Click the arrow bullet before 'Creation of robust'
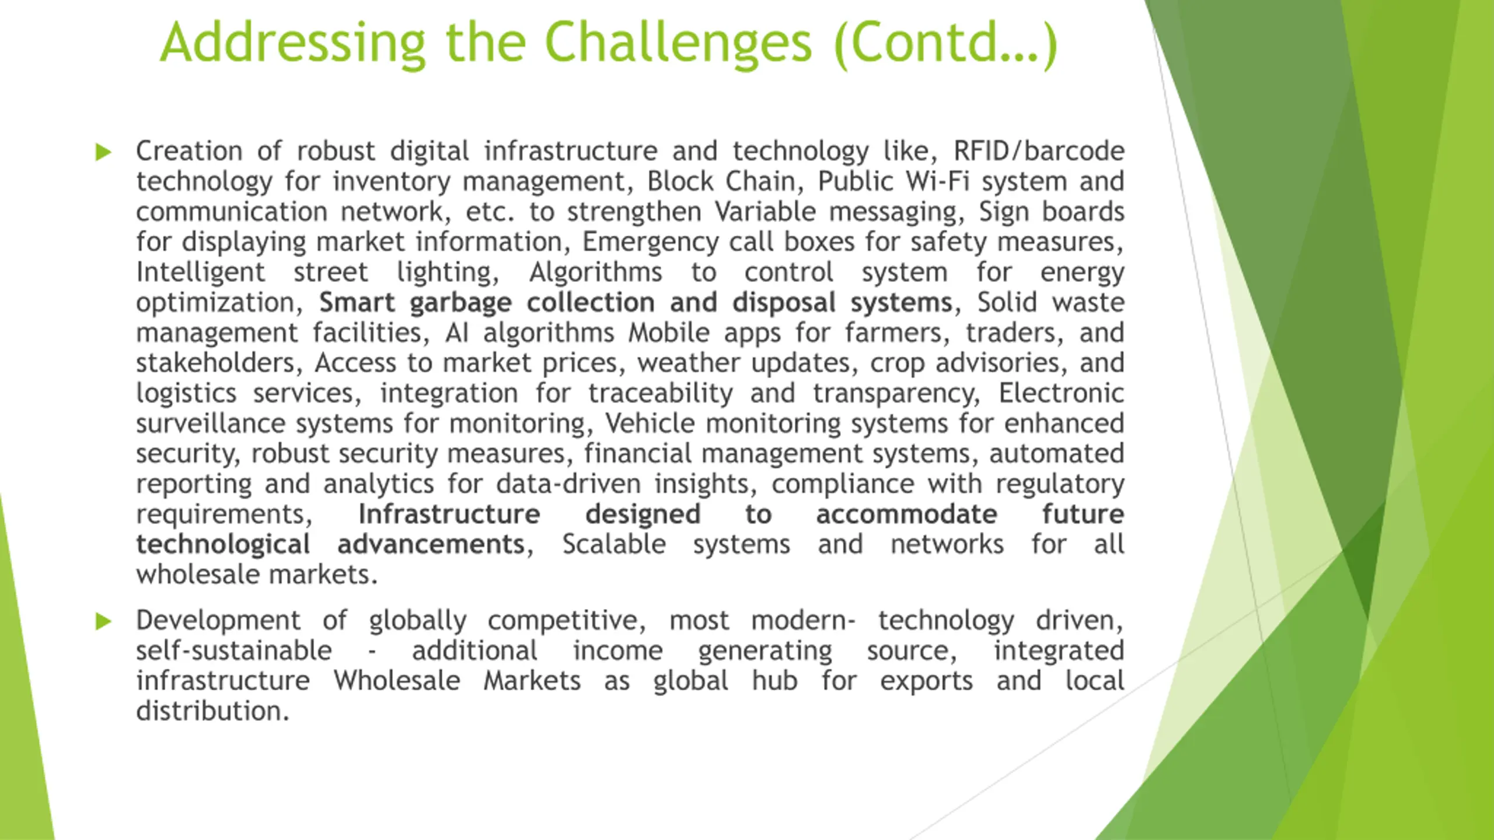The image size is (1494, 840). [x=103, y=152]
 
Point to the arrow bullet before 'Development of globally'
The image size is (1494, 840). [x=103, y=621]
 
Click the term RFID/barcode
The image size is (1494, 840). [x=1039, y=151]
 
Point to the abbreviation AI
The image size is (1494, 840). [x=457, y=333]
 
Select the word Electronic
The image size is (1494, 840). [x=1062, y=393]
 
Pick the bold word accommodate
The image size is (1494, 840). [x=906, y=514]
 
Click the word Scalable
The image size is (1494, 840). [x=614, y=544]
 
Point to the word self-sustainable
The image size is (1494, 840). [x=235, y=650]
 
